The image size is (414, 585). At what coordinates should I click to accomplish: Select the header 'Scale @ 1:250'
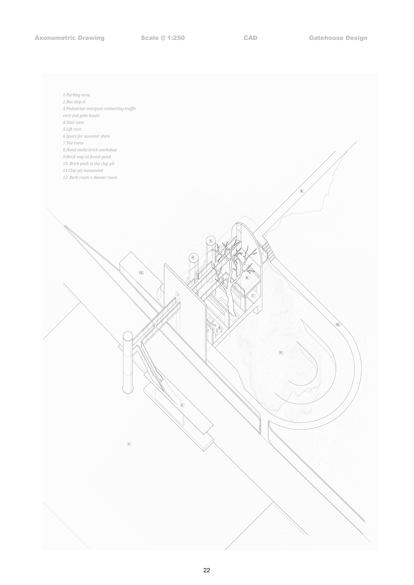point(163,38)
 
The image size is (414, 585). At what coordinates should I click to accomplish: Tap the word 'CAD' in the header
point(250,38)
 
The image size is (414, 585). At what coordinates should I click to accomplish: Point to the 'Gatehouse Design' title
point(338,38)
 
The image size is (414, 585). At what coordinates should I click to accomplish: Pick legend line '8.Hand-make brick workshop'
point(90,150)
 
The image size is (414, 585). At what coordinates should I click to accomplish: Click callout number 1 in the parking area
point(129,444)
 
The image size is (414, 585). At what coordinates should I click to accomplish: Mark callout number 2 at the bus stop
point(182,405)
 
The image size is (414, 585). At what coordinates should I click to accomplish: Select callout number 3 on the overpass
point(154,326)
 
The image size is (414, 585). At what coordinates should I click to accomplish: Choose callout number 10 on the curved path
point(338,325)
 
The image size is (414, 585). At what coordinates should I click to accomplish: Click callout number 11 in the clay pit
point(281,353)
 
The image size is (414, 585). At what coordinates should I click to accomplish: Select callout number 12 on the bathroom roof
point(141,273)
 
